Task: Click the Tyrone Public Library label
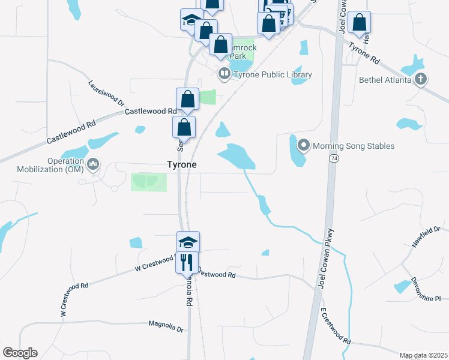click(273, 74)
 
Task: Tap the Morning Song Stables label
click(354, 146)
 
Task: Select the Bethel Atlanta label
click(385, 79)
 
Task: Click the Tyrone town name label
click(181, 164)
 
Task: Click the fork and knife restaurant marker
click(187, 262)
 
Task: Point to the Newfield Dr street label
click(426, 237)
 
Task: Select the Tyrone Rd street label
click(365, 53)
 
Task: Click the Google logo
click(20, 352)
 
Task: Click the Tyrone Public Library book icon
click(224, 74)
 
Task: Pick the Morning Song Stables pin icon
click(303, 146)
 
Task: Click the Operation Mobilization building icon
click(93, 164)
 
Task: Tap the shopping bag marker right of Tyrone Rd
click(359, 23)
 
